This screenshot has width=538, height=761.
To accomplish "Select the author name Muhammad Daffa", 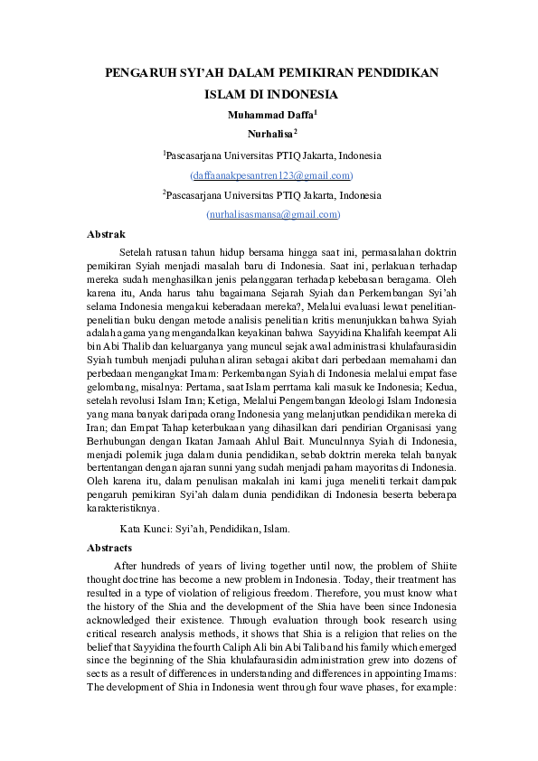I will (268, 115).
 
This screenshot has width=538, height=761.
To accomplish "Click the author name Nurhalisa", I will (268, 133).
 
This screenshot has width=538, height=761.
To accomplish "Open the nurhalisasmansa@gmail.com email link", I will (273, 214).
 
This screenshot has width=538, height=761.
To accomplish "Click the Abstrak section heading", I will (106, 234).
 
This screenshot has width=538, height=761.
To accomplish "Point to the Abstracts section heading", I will (109, 548).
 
